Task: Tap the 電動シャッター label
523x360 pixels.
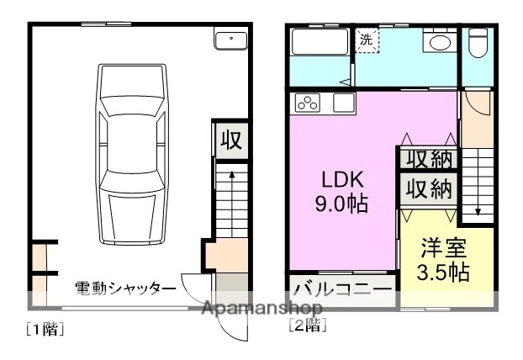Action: [125, 288]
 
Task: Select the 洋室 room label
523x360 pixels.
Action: [443, 250]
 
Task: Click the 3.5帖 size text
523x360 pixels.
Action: [443, 273]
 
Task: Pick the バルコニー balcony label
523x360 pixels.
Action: [343, 293]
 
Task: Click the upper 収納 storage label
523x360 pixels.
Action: [429, 158]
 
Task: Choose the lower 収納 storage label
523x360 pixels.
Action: [429, 188]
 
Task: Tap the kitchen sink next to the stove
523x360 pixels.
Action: [345, 103]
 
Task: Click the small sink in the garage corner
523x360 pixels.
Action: [230, 40]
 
